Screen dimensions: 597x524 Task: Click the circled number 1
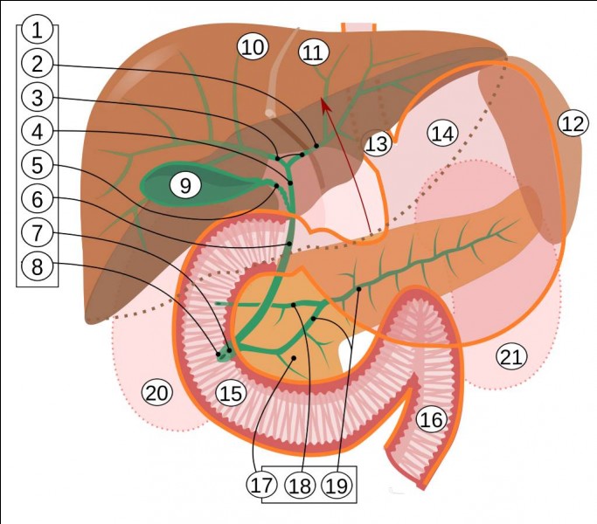point(37,30)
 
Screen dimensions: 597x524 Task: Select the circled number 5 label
point(37,165)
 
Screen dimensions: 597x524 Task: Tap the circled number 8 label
point(37,266)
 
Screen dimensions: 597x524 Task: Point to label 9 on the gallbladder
point(185,186)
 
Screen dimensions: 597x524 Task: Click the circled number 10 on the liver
point(253,47)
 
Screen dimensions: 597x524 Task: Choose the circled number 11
point(314,52)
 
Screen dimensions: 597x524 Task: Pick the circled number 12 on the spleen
point(573,123)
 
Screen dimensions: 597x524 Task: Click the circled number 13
point(378,143)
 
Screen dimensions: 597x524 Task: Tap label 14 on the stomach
point(443,134)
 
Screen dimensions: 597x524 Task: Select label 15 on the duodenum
point(231,393)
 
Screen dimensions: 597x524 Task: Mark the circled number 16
point(432,420)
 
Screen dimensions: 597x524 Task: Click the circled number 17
point(261,485)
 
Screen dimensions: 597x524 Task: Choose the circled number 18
point(300,486)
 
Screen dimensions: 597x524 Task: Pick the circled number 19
point(337,486)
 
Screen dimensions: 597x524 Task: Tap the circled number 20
point(156,393)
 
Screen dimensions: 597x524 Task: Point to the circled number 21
point(511,356)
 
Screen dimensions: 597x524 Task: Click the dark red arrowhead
point(325,105)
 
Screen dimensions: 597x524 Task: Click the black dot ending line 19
point(358,289)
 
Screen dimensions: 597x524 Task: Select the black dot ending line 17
point(294,358)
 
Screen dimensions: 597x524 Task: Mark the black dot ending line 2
point(316,146)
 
